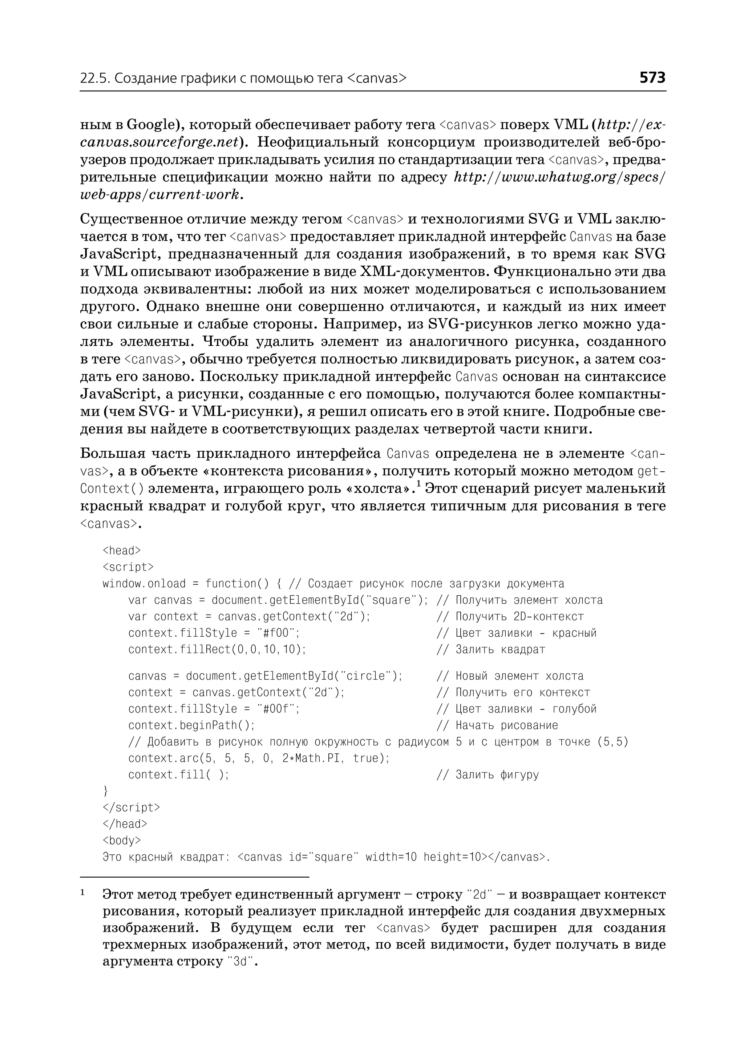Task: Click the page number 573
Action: pos(652,78)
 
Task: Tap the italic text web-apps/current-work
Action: pos(159,195)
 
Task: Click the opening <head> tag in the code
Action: pos(121,551)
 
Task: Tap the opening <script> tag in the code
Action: pos(128,567)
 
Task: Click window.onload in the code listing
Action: pos(144,584)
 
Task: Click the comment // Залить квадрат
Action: pos(491,649)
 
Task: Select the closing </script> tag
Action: pos(131,807)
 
